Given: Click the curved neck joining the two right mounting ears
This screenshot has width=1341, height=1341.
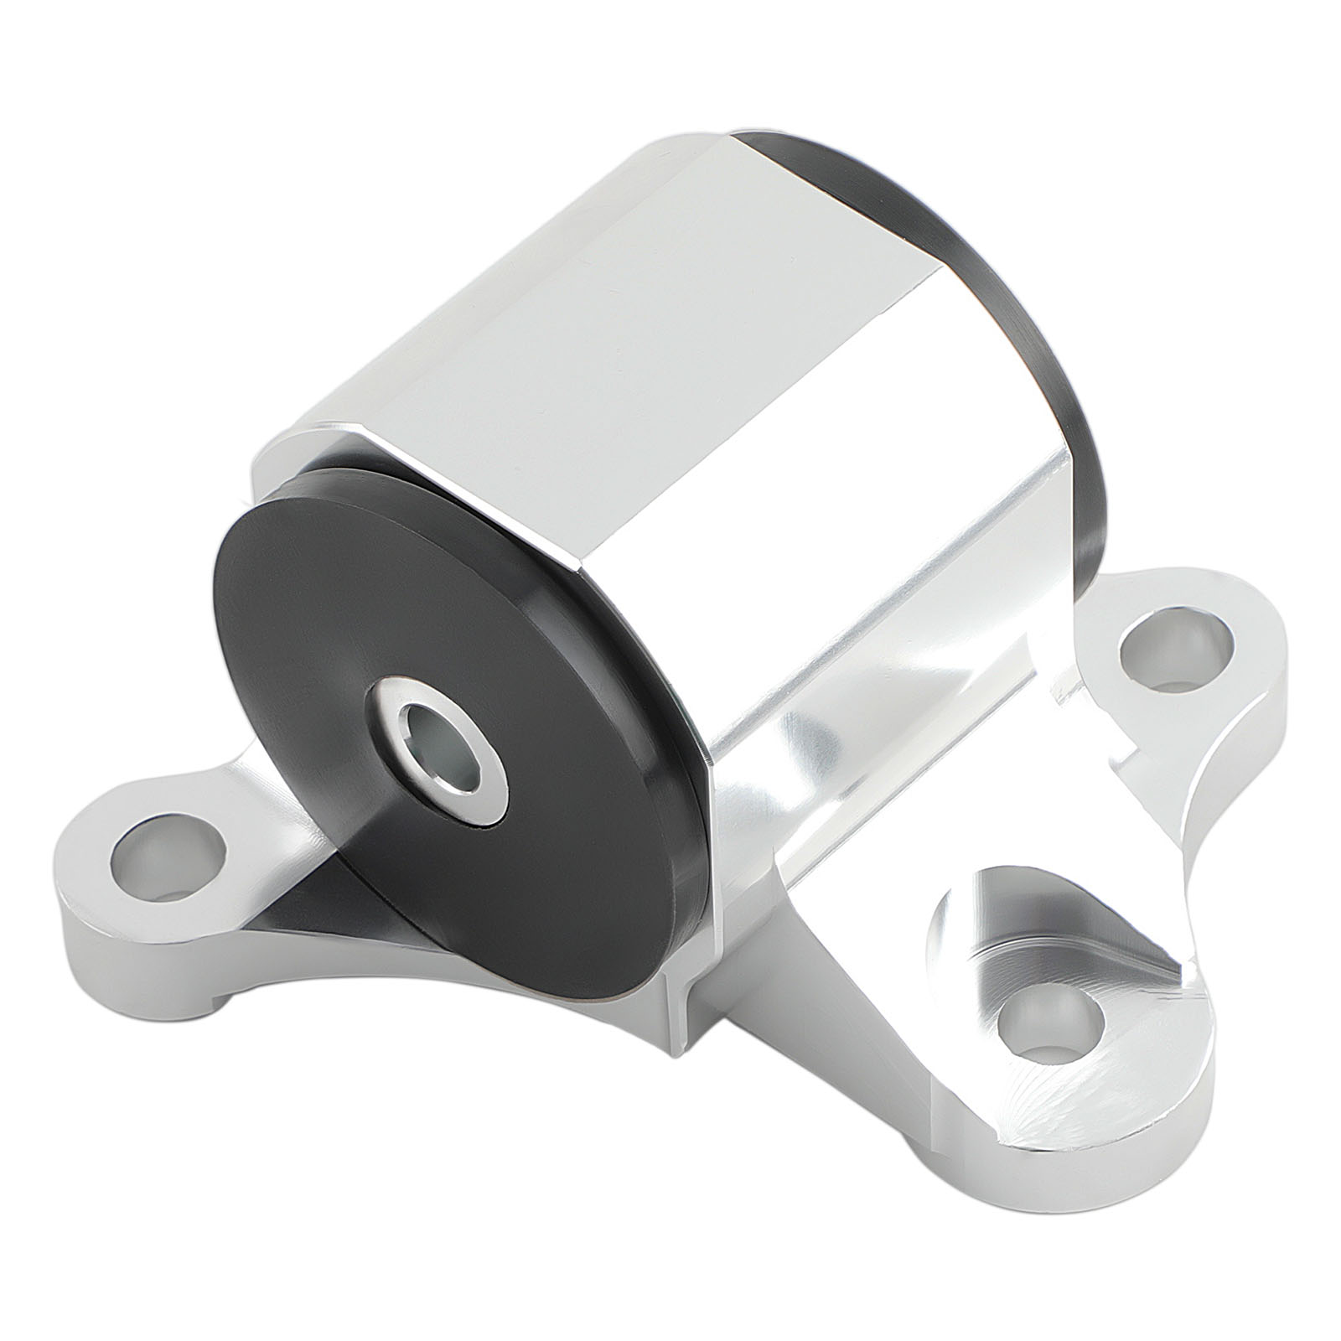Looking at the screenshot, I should (x=1207, y=830).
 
